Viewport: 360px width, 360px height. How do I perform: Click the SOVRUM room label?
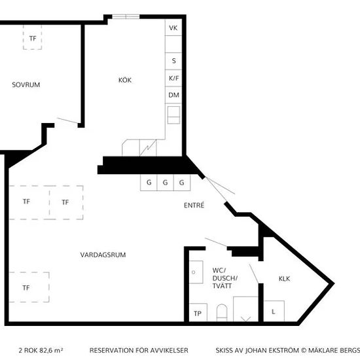pos(26,84)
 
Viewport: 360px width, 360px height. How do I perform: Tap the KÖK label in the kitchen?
pos(125,80)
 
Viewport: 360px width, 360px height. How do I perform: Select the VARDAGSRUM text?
pos(103,255)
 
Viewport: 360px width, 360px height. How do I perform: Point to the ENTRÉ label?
pos(194,205)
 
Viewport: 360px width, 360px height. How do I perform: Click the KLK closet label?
pos(284,279)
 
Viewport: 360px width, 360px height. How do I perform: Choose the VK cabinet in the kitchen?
pos(173,27)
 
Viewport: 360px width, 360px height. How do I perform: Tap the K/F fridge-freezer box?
pos(173,79)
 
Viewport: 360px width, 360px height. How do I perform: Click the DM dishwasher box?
pos(173,95)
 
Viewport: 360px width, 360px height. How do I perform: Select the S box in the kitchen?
pos(173,61)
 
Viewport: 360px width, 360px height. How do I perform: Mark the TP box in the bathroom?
pos(198,312)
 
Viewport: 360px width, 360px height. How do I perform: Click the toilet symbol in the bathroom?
pos(222,313)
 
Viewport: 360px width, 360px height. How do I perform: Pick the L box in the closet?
pos(274,311)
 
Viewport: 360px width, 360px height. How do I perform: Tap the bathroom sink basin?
pos(196,272)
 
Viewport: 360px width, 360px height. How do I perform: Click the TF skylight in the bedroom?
pos(32,37)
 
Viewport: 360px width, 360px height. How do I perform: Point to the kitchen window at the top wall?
pos(126,16)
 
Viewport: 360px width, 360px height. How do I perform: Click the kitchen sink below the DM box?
pos(173,115)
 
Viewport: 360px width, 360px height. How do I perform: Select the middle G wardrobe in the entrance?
pos(165,183)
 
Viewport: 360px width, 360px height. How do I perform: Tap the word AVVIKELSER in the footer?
pos(170,350)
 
